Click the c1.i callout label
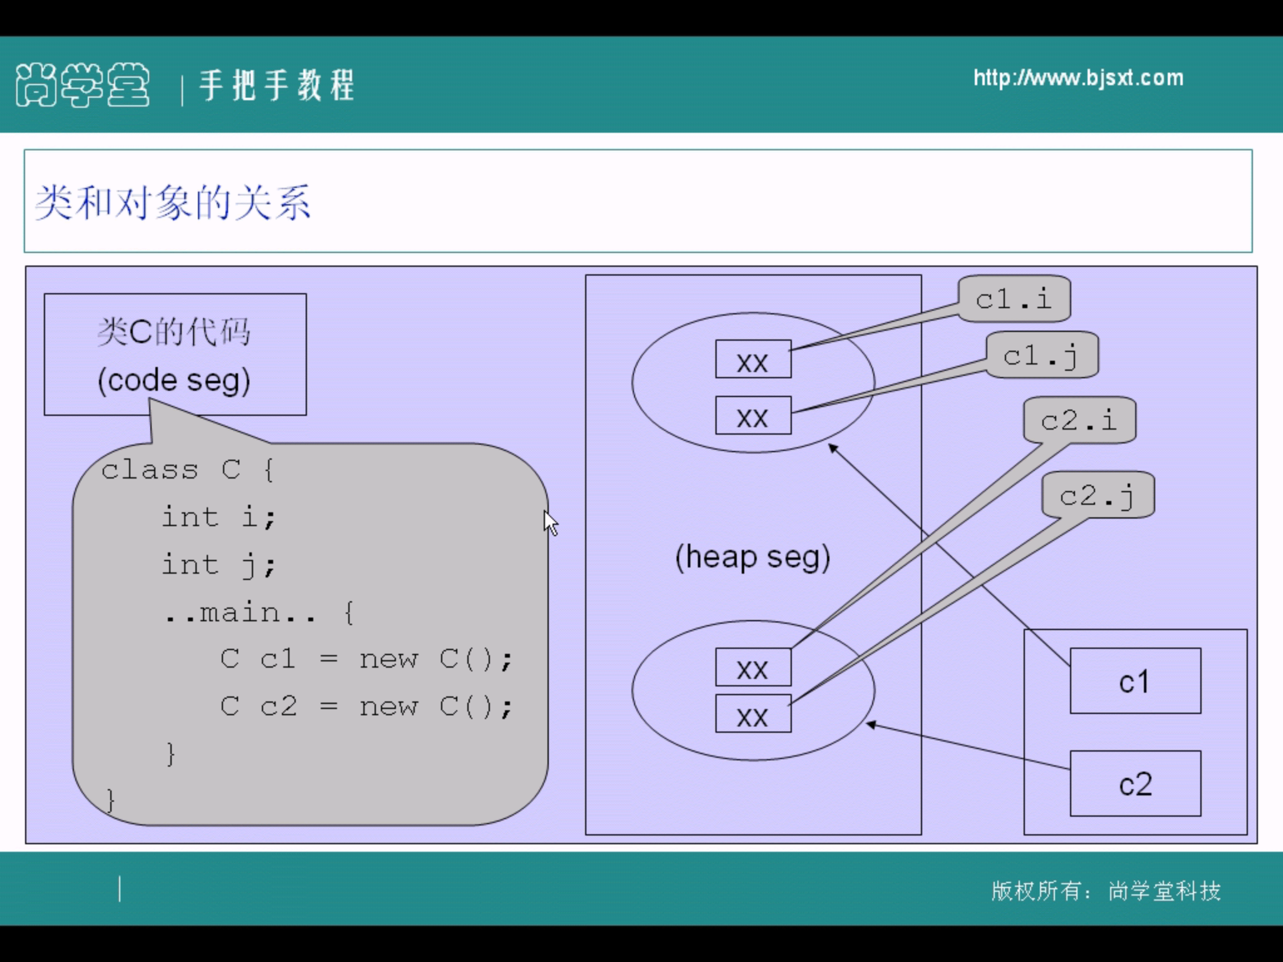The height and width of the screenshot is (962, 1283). (1014, 299)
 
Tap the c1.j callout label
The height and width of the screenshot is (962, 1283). (1042, 355)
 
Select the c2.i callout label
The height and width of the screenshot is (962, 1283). (1079, 420)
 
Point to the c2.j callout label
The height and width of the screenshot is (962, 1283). (1098, 495)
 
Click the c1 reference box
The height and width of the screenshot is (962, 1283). (1135, 681)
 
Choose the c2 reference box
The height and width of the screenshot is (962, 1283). (1135, 784)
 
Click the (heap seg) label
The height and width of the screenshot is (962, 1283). (752, 557)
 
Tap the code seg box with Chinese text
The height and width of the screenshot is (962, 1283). (175, 354)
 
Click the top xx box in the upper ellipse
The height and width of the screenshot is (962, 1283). (753, 359)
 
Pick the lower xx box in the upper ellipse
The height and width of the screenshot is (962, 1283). (753, 415)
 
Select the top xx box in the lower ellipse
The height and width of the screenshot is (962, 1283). (753, 667)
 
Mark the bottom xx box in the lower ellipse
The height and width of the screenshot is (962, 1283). (753, 714)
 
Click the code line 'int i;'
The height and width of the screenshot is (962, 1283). (219, 517)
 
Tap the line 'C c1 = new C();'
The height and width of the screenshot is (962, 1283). (366, 659)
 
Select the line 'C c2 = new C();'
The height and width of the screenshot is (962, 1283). (366, 706)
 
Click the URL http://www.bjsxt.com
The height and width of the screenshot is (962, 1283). (1078, 78)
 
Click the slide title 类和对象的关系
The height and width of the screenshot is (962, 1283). (173, 202)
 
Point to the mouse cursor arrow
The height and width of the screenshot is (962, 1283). (549, 522)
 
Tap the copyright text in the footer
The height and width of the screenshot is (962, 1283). (1106, 891)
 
